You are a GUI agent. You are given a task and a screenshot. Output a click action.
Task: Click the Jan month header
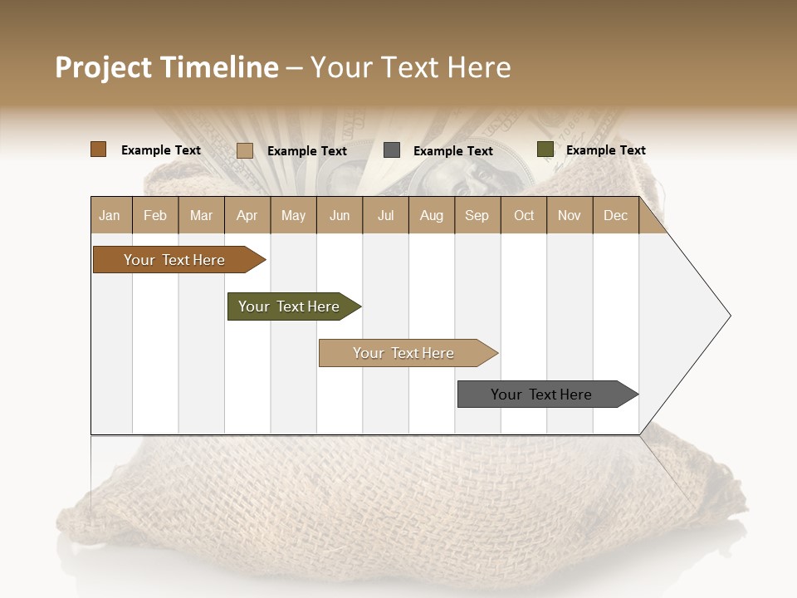[x=110, y=215]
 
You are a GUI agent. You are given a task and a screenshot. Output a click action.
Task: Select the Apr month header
[x=247, y=215]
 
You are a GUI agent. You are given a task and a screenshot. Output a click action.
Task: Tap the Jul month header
[x=385, y=215]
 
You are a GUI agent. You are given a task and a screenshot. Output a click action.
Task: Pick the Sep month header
[x=477, y=215]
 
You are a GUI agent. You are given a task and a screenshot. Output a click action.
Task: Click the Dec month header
[x=615, y=215]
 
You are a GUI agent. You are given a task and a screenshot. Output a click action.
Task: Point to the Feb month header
[x=155, y=215]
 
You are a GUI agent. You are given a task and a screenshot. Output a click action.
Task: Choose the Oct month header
[x=524, y=215]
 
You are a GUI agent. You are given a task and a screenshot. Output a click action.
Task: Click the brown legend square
[x=98, y=149]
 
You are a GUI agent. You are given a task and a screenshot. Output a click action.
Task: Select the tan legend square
[x=245, y=150]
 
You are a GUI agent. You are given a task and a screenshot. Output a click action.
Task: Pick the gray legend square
[x=392, y=150]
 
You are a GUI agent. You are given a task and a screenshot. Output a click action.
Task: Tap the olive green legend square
[x=545, y=149]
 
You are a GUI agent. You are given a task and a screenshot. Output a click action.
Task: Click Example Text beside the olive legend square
[x=605, y=150]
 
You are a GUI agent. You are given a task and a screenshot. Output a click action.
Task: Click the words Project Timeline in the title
[x=167, y=67]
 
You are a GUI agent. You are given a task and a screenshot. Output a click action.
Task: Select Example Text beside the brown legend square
[x=161, y=150]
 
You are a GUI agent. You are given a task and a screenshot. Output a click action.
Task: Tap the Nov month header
[x=570, y=215]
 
